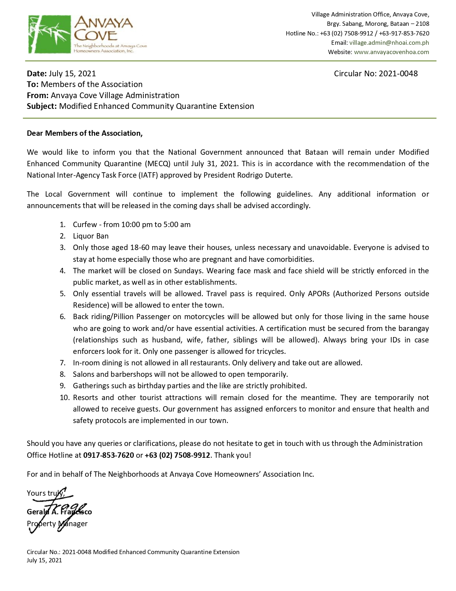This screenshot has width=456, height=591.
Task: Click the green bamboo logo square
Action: [49, 34]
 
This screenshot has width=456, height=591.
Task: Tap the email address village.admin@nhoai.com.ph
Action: [389, 43]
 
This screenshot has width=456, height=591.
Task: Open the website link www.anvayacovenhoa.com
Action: [391, 52]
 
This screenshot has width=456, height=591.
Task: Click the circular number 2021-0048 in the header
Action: [398, 74]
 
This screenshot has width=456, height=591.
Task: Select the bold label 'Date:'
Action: [37, 74]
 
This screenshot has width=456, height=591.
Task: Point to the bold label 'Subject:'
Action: [42, 106]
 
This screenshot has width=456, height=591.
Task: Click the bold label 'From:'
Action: [38, 96]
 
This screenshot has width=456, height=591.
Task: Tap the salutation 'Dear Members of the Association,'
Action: [85, 133]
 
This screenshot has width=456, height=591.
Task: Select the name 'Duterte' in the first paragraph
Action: [279, 175]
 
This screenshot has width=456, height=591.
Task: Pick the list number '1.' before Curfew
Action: [63, 225]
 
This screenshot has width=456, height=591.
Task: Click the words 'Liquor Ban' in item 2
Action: [90, 236]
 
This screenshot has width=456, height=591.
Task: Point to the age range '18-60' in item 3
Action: [140, 248]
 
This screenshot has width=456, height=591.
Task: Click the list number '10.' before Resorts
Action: [64, 398]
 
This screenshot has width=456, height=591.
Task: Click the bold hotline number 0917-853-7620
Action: [108, 455]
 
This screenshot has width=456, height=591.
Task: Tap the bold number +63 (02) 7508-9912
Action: [177, 455]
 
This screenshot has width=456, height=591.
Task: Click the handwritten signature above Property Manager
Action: [61, 509]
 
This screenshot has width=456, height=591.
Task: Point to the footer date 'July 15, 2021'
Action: [44, 560]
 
